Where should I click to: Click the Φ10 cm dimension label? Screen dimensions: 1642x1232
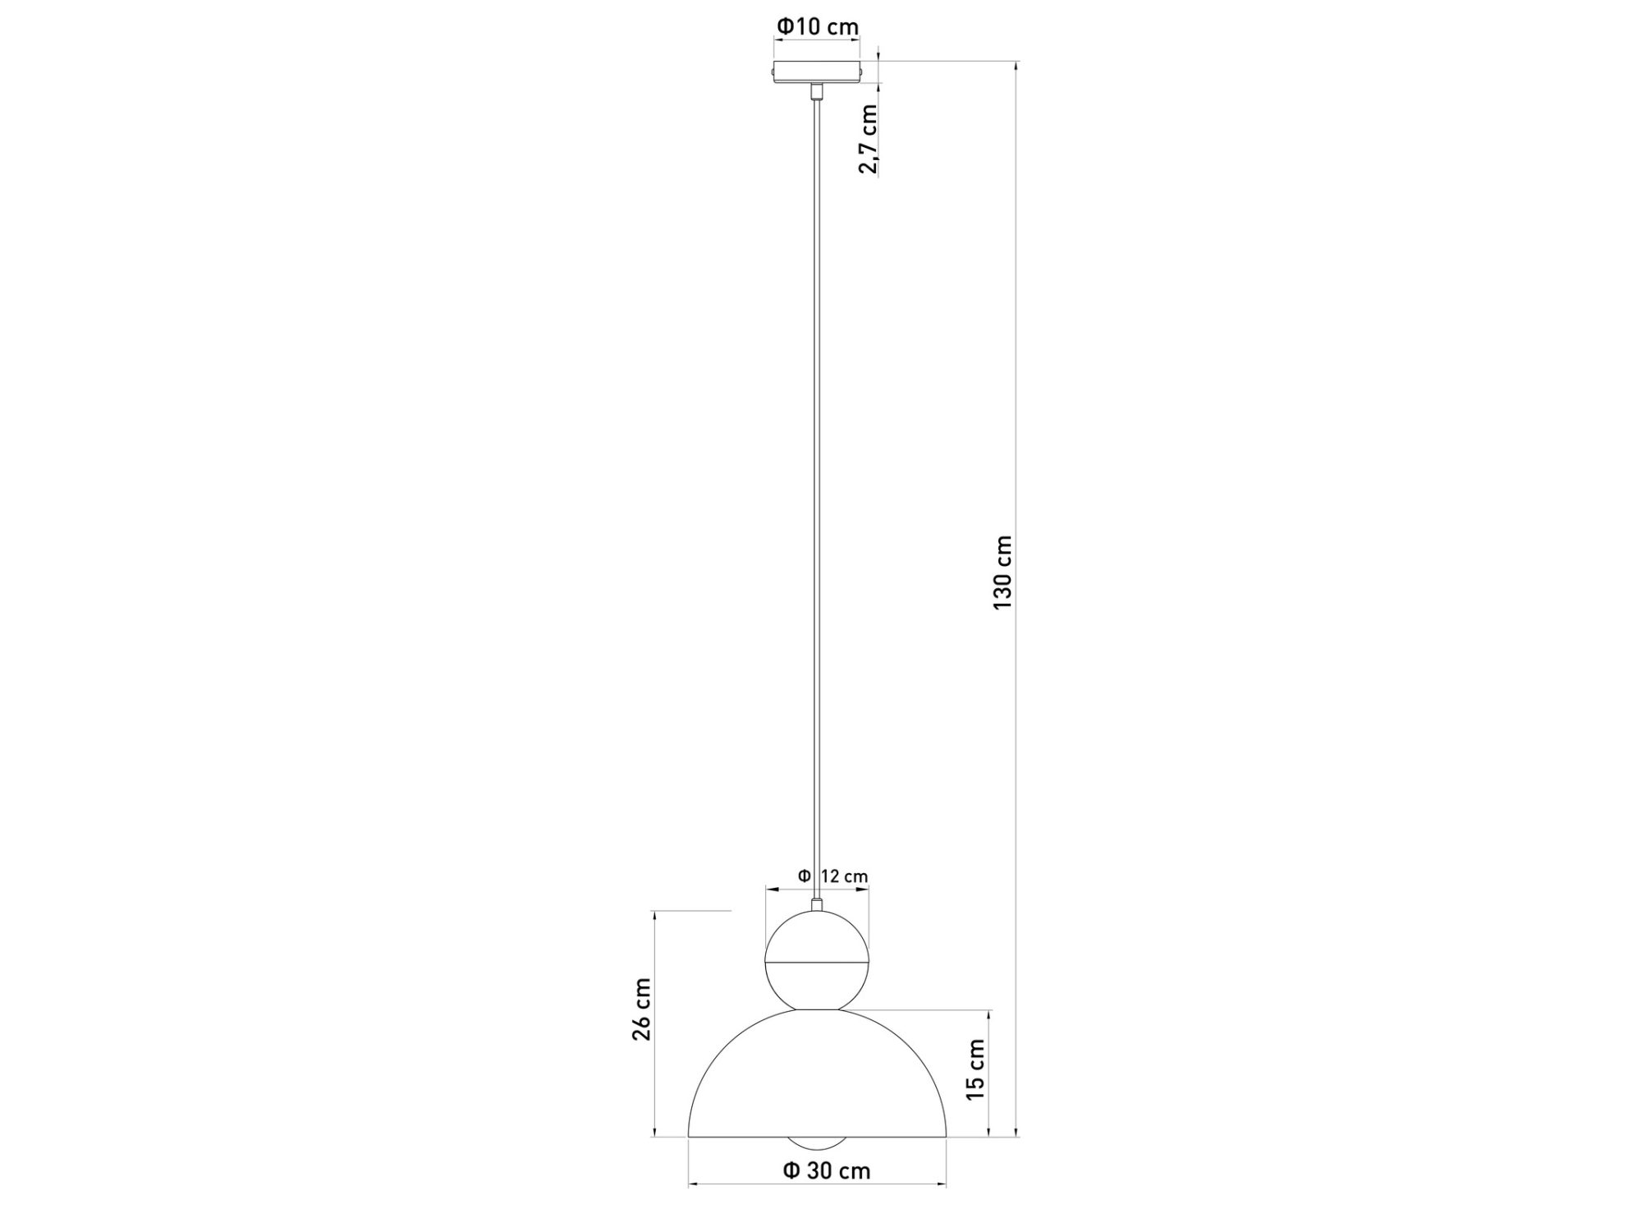click(x=818, y=27)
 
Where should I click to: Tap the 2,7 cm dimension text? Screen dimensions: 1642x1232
click(x=868, y=139)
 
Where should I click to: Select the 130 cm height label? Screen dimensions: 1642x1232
click(x=1002, y=572)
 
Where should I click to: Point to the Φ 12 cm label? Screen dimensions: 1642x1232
click(x=832, y=876)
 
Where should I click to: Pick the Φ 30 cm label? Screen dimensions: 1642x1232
click(x=827, y=1170)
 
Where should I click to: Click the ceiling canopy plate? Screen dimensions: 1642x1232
click(x=817, y=71)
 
